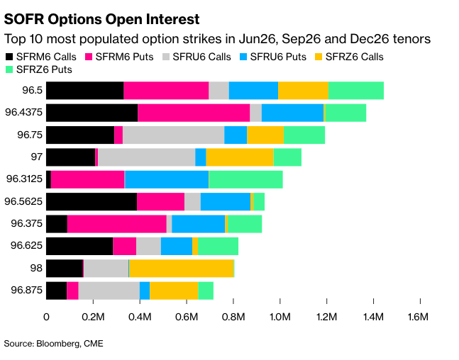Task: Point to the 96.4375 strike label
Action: (23, 113)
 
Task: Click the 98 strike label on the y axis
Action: (35, 268)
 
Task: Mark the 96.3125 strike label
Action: (23, 179)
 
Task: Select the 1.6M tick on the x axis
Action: (419, 317)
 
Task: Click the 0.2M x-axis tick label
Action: (94, 317)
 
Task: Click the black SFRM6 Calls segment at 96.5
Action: (84, 91)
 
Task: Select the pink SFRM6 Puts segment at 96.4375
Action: (194, 113)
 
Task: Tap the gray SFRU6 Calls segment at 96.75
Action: (173, 135)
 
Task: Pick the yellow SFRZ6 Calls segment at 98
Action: (181, 268)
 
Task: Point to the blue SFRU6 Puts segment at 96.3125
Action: (167, 179)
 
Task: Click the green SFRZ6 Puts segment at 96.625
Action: (218, 246)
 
